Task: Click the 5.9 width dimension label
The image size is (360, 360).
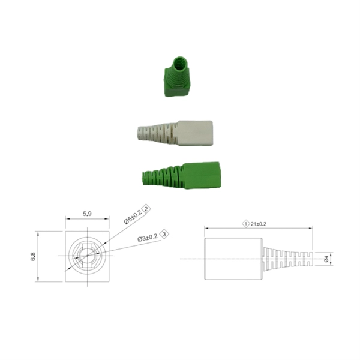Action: (87, 214)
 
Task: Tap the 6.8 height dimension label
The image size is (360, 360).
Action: (33, 256)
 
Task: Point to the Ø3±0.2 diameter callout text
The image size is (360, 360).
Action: (148, 238)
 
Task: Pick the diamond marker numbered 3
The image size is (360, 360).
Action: (164, 234)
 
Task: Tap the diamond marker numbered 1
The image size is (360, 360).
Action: (246, 224)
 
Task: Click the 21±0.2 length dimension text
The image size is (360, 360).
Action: (258, 224)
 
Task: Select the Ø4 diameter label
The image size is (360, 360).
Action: (326, 259)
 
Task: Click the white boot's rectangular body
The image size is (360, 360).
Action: (194, 133)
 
